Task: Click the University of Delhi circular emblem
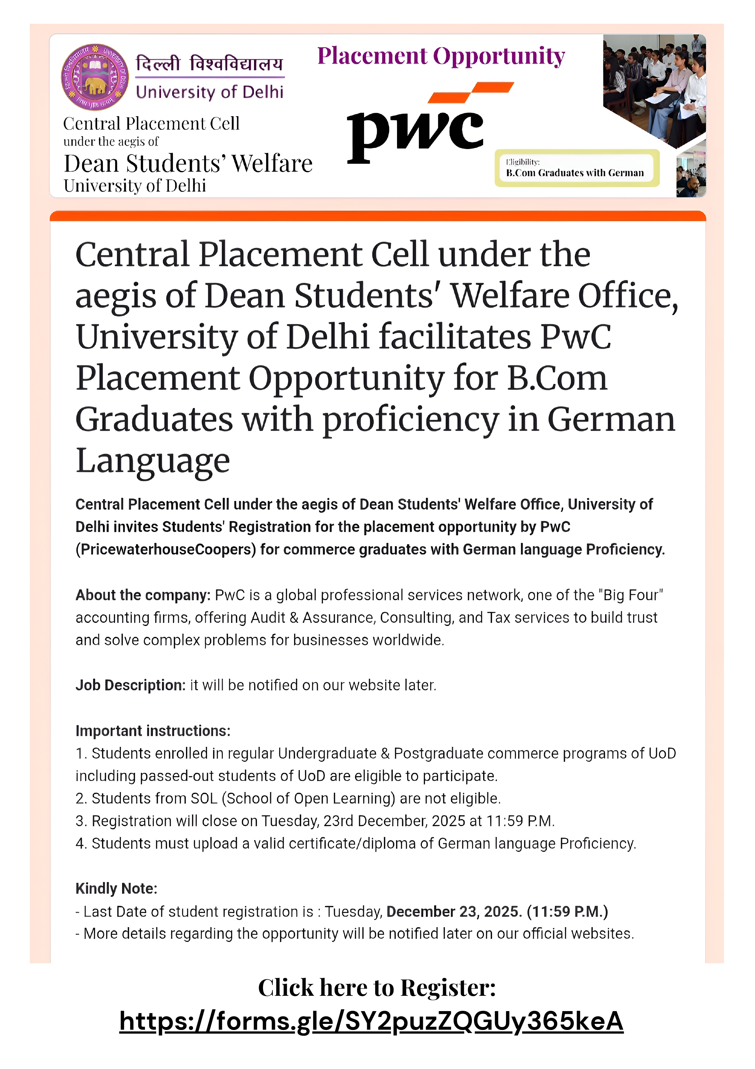(x=95, y=77)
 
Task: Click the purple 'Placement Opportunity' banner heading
(x=441, y=56)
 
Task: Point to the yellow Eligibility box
(x=577, y=168)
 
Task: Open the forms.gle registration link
(x=371, y=1021)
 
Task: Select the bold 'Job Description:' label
(x=131, y=685)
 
